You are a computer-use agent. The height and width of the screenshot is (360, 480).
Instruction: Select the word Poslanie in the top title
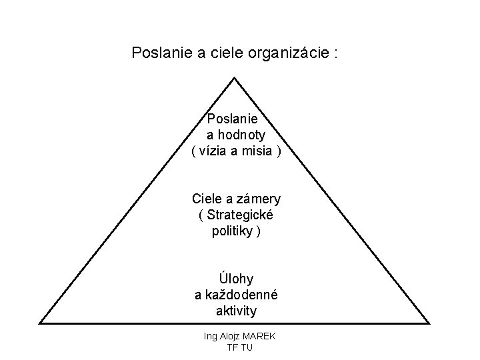tap(162, 52)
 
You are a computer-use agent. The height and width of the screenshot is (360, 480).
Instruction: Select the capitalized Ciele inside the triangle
tap(207, 199)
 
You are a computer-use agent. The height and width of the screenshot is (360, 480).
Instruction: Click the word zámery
tap(257, 199)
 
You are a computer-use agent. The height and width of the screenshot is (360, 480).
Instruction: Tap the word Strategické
tap(241, 215)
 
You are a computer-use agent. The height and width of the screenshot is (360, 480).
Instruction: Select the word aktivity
tap(236, 311)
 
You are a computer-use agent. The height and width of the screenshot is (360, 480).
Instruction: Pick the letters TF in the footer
tap(233, 347)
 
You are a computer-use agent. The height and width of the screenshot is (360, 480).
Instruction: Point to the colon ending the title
tap(335, 53)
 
